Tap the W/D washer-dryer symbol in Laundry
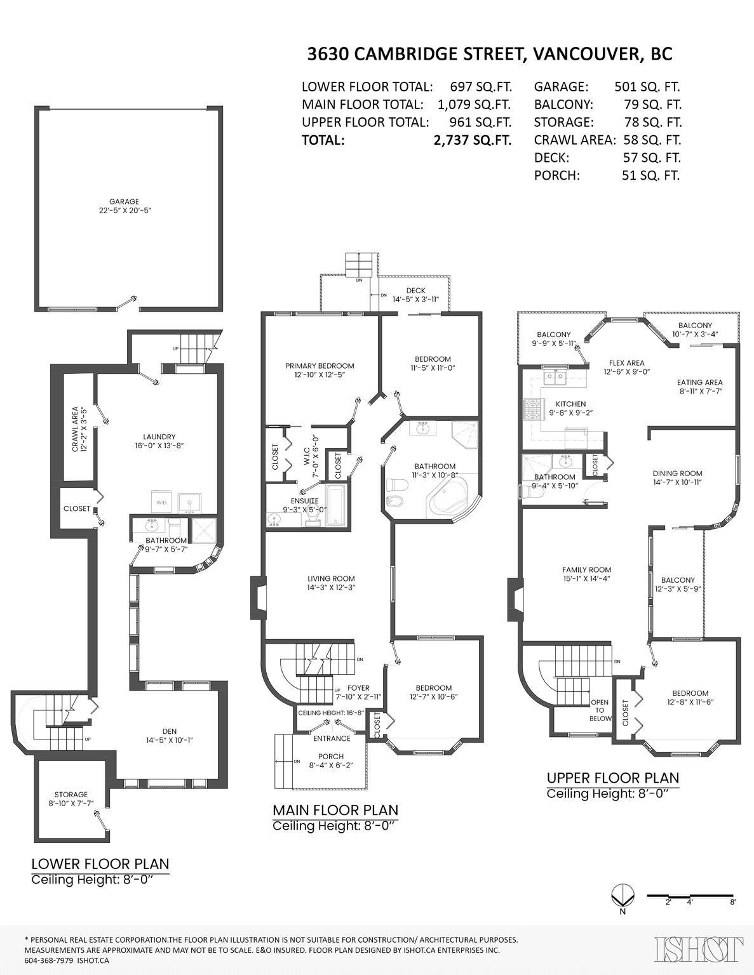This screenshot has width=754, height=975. (161, 503)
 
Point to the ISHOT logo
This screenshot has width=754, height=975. (699, 949)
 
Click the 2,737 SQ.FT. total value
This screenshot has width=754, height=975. (471, 140)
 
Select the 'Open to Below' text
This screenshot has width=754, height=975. (600, 710)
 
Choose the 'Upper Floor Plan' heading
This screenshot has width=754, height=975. (612, 778)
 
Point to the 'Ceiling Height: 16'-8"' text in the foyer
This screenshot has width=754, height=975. (331, 712)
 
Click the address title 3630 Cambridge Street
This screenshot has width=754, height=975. (489, 55)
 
